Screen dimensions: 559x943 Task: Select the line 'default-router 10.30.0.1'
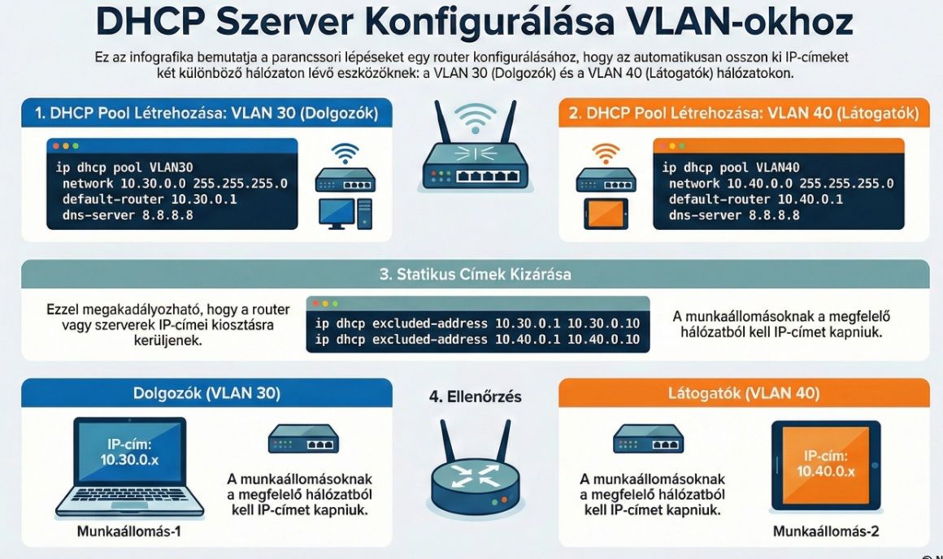[x=149, y=199]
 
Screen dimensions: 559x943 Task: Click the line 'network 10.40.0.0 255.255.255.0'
[x=780, y=184]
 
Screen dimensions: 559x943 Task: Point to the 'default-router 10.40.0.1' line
[x=755, y=199]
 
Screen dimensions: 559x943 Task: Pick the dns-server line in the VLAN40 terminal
[x=734, y=215]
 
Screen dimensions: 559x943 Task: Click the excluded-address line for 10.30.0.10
[x=477, y=323]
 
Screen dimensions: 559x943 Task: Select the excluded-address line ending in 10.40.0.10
[x=477, y=340]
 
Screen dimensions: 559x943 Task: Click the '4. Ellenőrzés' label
[x=475, y=396]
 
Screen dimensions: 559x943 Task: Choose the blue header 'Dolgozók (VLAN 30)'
[x=206, y=393]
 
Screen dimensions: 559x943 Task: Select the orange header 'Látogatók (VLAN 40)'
[x=744, y=393]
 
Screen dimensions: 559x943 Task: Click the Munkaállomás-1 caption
[x=128, y=532]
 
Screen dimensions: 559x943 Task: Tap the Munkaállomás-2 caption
[x=826, y=532]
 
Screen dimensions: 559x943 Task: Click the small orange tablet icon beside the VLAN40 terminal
[x=605, y=213]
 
